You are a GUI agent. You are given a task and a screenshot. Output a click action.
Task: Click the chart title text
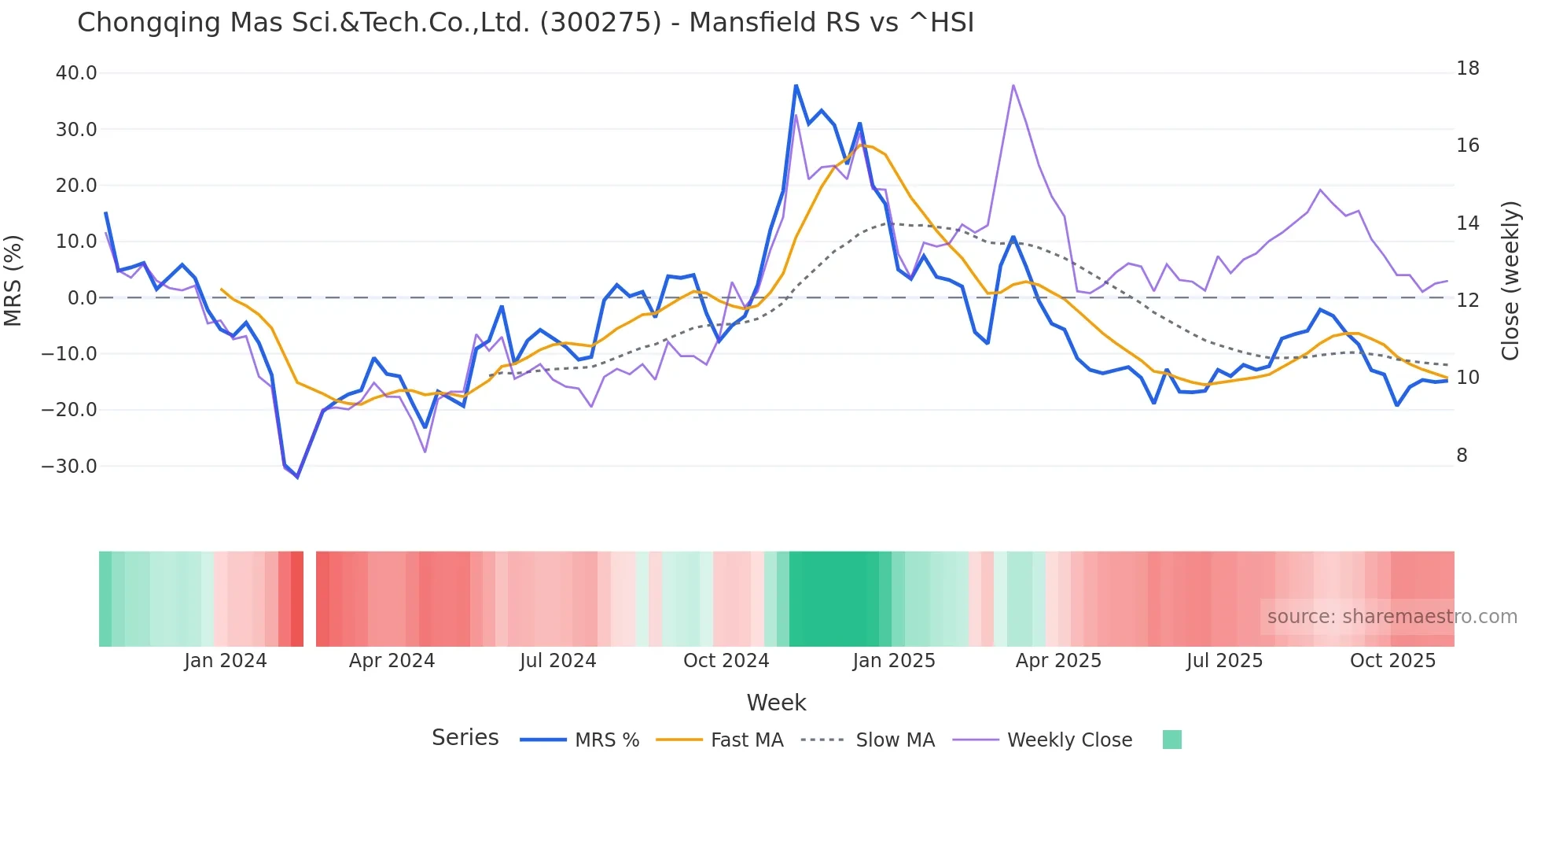(525, 23)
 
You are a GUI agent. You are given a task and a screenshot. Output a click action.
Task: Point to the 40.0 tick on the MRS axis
(76, 73)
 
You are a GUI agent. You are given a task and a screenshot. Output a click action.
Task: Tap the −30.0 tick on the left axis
(69, 466)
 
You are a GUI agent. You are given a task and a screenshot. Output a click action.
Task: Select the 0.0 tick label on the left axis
(82, 298)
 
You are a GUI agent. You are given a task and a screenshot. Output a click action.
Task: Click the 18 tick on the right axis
(1467, 68)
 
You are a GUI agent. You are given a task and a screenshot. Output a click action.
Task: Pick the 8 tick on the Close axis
(1462, 456)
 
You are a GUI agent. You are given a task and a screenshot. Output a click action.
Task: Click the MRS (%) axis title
(13, 281)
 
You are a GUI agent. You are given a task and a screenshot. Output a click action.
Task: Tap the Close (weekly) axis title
(1510, 281)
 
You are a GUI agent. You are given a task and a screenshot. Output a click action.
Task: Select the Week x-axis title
(776, 703)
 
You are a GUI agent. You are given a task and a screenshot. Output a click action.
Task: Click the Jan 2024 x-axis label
(226, 661)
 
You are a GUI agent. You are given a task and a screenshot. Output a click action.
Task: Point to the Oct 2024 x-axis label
(726, 661)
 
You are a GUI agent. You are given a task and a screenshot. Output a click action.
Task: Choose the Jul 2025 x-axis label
(1224, 661)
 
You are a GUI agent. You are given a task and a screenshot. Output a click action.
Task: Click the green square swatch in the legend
(1171, 740)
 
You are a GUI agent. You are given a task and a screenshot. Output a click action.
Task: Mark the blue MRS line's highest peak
(796, 85)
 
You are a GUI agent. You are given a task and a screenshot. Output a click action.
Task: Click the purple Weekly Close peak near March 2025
(1013, 85)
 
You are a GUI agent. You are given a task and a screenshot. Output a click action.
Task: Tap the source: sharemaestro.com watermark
(1392, 617)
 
